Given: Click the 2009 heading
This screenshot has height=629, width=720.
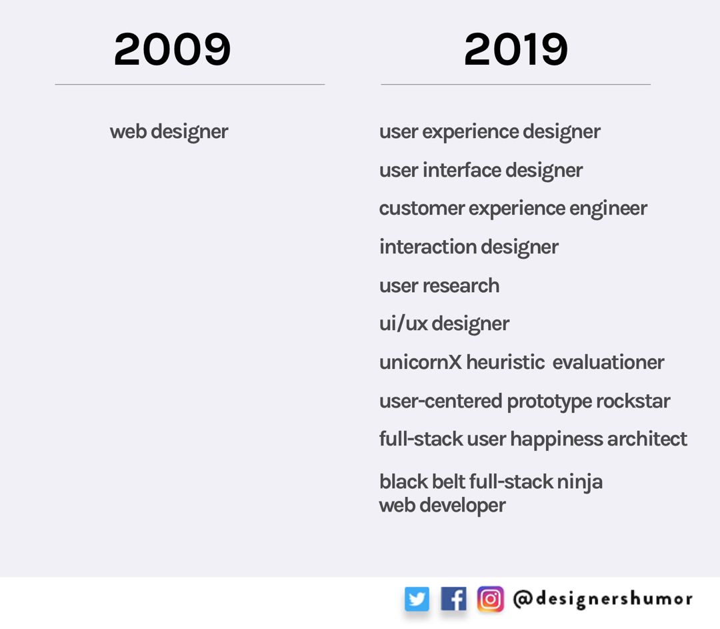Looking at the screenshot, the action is tap(172, 49).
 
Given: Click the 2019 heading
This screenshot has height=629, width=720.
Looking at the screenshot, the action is tap(515, 49).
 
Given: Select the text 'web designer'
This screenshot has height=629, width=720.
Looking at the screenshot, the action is tap(169, 132).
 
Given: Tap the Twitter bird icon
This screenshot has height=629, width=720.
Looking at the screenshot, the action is tap(417, 599).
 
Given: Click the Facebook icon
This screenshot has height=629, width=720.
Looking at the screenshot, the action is tap(453, 599).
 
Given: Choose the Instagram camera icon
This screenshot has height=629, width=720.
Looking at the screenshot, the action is tap(490, 599).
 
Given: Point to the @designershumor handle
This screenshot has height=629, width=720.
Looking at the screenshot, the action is tap(603, 599).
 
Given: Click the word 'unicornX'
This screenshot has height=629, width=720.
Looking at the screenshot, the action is tap(420, 362).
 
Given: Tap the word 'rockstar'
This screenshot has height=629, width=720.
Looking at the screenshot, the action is tap(633, 401).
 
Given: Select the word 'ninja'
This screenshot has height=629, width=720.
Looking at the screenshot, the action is tap(579, 482).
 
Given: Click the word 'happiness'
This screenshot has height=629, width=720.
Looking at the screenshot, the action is tap(556, 440).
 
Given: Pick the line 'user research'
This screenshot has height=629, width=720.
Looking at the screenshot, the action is tap(439, 285).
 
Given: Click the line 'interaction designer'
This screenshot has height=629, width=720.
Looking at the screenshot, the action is tap(469, 247).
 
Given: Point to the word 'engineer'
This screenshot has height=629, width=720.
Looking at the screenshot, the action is tap(609, 209).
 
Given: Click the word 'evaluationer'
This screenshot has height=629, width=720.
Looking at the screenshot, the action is tap(609, 362).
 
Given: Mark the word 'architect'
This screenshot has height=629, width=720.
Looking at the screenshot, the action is tap(647, 439).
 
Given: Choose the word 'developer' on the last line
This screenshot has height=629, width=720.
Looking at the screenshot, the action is tap(463, 506).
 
